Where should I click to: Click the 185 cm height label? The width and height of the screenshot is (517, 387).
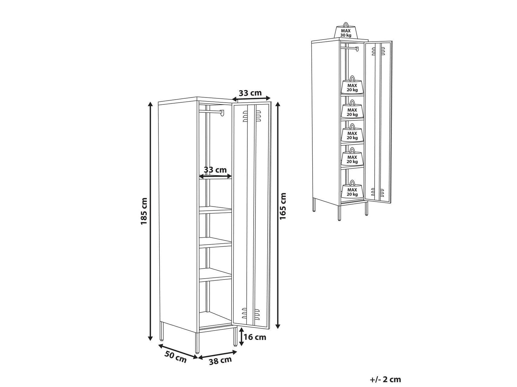point(144,211)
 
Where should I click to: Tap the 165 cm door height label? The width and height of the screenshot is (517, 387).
point(283,206)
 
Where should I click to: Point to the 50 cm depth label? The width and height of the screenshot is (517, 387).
point(175,357)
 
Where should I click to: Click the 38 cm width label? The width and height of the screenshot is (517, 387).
point(220,360)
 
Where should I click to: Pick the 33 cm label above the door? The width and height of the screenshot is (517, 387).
point(250,93)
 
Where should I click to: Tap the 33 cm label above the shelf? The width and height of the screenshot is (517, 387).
point(215,170)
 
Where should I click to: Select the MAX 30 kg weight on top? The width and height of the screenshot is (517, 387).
point(346,30)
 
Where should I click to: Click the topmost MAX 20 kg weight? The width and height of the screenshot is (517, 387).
point(352,85)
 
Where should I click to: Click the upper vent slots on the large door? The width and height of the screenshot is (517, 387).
point(251,116)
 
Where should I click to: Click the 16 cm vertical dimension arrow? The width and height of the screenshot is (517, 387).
point(241,337)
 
